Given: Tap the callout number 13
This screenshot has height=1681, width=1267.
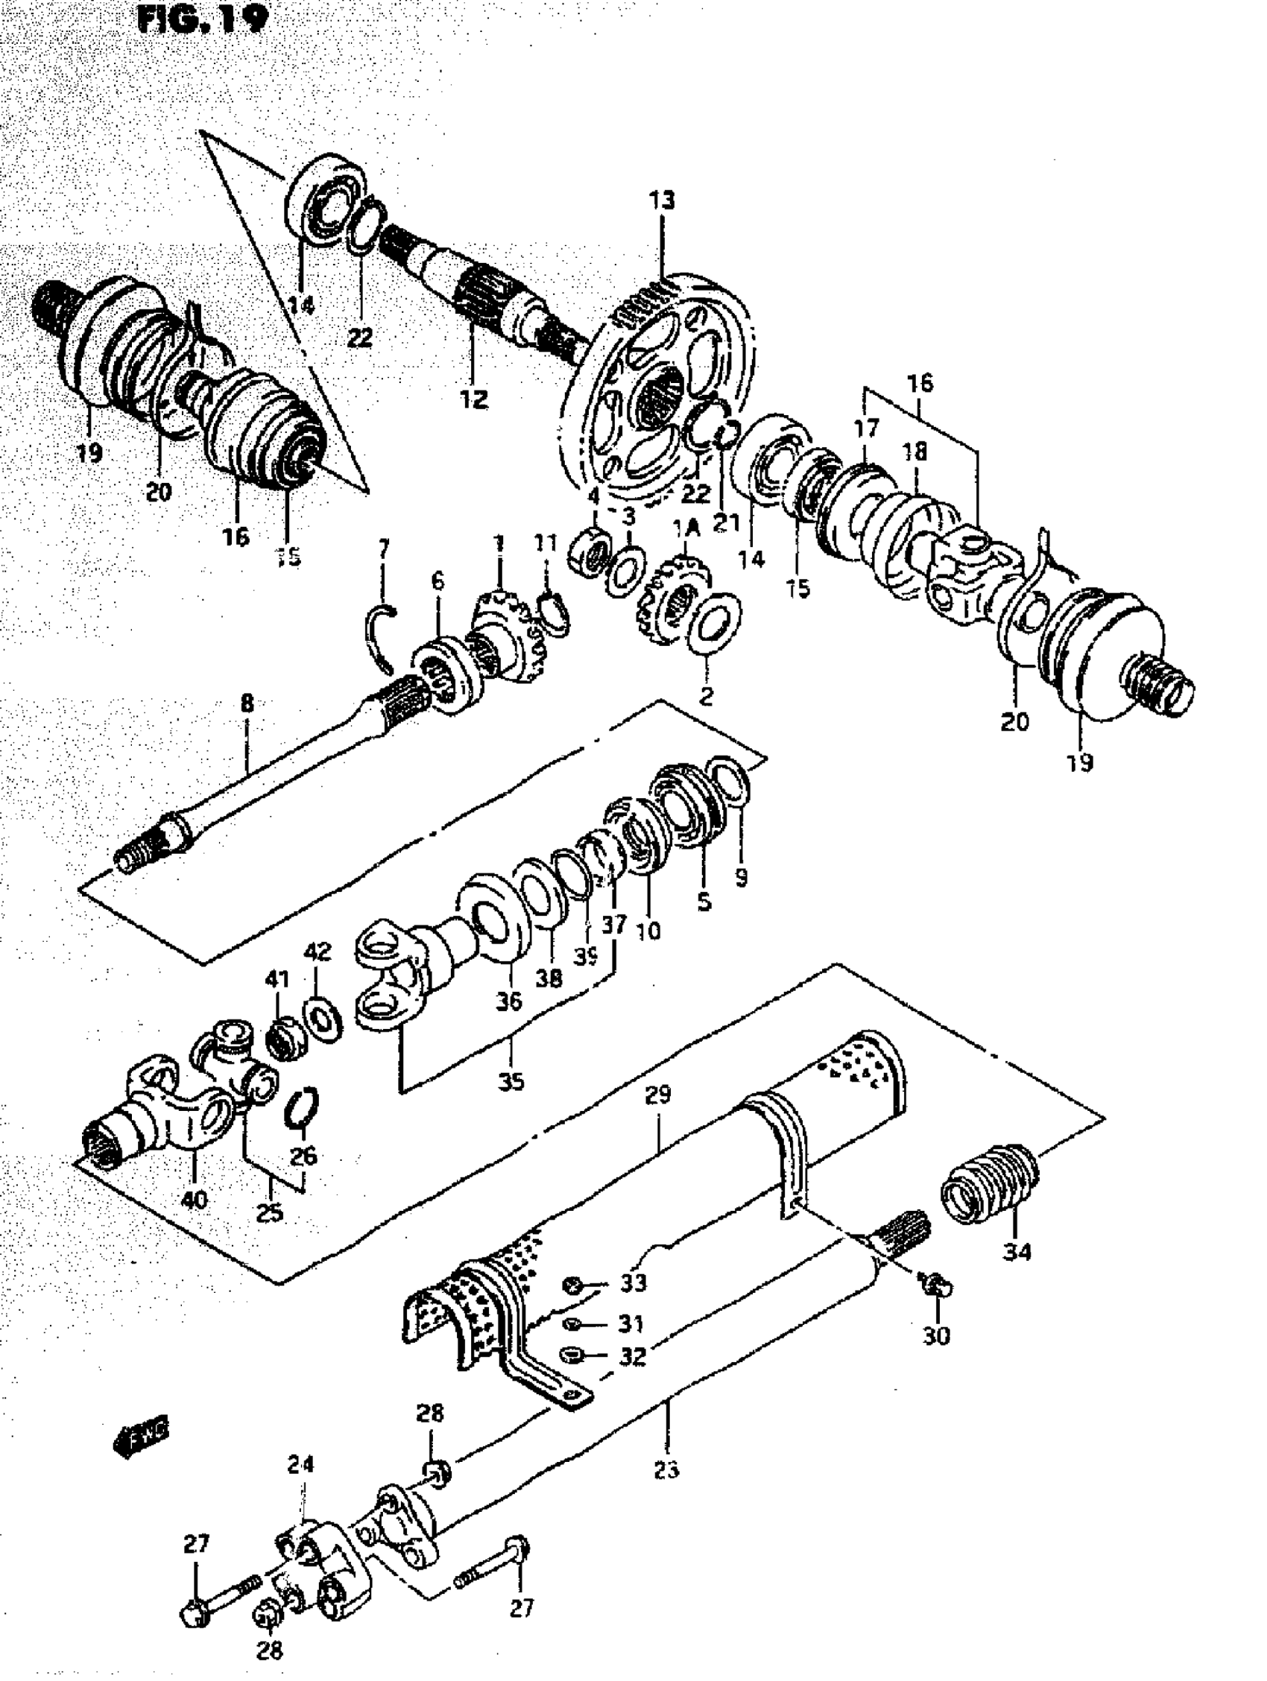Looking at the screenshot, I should tap(661, 201).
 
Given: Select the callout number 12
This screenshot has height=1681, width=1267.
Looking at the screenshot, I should tap(473, 399).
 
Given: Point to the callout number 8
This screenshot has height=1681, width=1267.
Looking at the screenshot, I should tap(247, 703).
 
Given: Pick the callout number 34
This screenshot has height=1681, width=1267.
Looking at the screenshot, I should tap(1017, 1250).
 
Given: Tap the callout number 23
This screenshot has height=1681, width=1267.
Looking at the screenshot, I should tap(666, 1469).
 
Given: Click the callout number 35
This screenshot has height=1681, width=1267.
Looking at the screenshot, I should tap(511, 1081).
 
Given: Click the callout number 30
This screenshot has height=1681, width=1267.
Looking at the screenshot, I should tap(935, 1335).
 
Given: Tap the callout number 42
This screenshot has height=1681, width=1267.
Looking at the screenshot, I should tap(317, 952).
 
